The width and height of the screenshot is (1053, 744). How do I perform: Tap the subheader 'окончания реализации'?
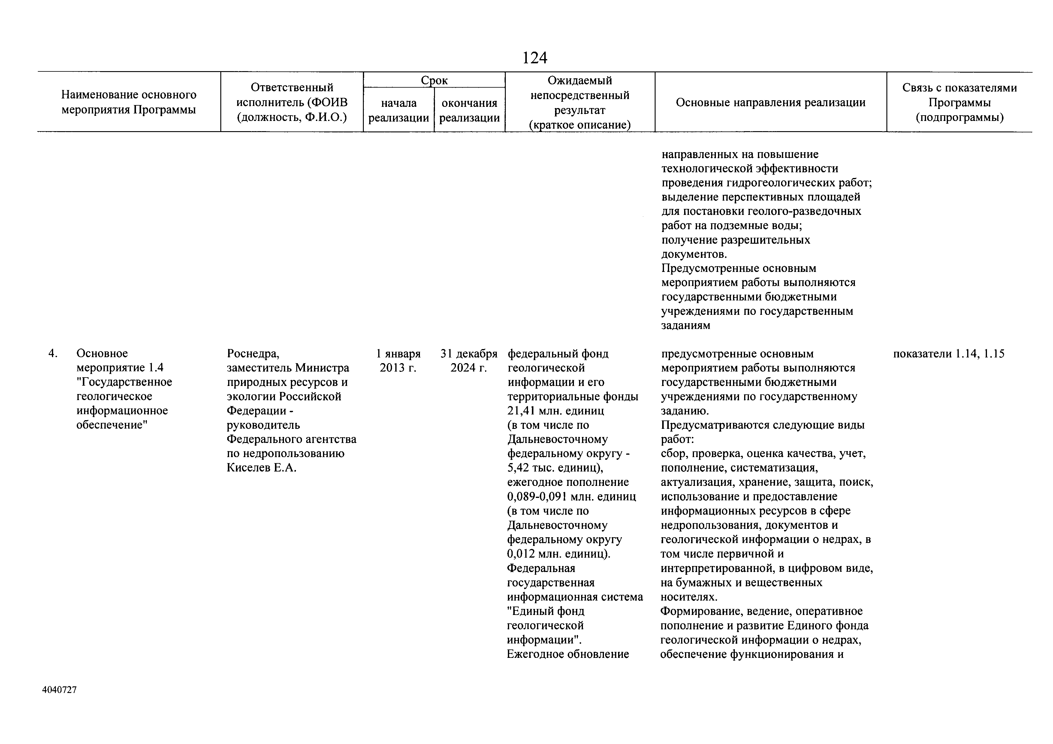pyautogui.click(x=469, y=110)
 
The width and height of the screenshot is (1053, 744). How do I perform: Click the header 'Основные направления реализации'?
pyautogui.click(x=771, y=102)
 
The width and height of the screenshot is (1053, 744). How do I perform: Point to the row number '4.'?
pyautogui.click(x=53, y=354)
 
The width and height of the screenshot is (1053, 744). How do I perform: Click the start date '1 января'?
pyautogui.click(x=398, y=354)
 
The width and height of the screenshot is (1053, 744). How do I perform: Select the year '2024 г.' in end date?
pyautogui.click(x=468, y=368)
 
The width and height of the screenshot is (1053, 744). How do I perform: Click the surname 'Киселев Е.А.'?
pyautogui.click(x=261, y=468)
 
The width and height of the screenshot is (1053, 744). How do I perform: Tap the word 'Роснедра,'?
pyautogui.click(x=253, y=354)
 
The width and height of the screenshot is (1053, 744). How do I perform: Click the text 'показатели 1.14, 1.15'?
pyautogui.click(x=949, y=354)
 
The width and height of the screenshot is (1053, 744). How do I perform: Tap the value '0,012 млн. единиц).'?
pyautogui.click(x=559, y=554)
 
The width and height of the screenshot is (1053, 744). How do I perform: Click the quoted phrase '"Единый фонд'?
pyautogui.click(x=545, y=611)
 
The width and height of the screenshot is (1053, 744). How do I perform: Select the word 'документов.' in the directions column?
pyautogui.click(x=694, y=254)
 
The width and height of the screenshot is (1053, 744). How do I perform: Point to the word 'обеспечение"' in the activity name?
pyautogui.click(x=112, y=425)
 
